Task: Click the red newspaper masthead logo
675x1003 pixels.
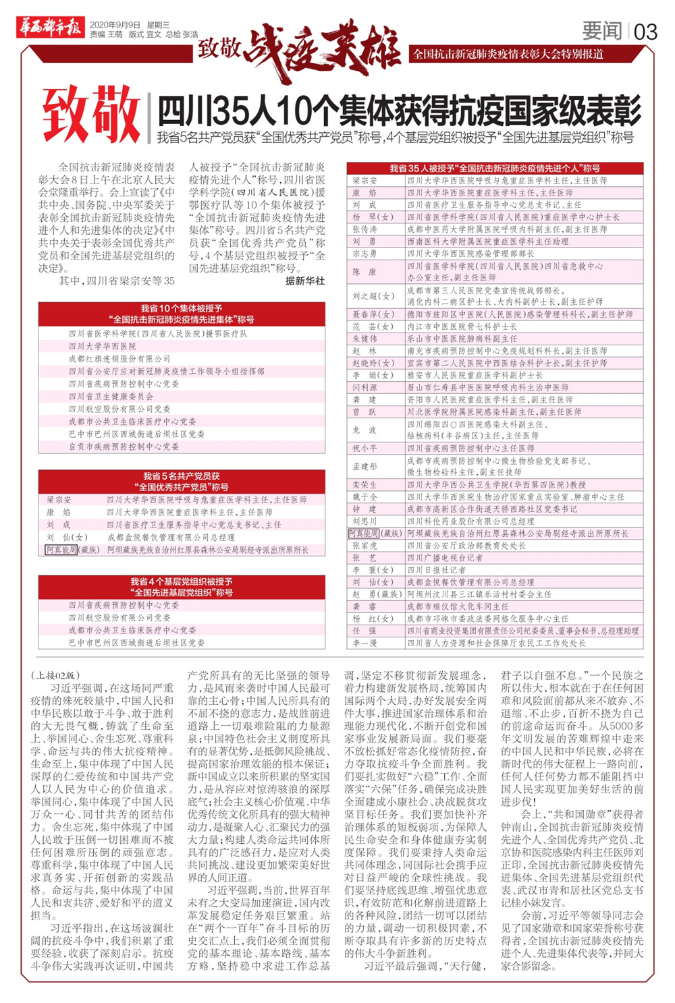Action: (x=49, y=28)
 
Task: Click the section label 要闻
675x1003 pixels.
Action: (x=602, y=31)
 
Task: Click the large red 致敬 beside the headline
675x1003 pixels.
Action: (x=91, y=116)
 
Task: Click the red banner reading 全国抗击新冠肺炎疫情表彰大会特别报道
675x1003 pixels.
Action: (x=508, y=54)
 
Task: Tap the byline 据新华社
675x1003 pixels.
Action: (x=305, y=281)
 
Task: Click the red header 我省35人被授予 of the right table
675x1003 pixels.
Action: (x=495, y=168)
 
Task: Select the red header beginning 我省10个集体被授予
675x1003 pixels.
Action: (x=182, y=314)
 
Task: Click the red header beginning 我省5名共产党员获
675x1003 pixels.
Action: (x=182, y=481)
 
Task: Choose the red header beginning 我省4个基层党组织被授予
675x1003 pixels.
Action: (x=182, y=586)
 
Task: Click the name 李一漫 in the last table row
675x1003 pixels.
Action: (x=364, y=643)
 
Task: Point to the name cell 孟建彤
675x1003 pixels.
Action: (x=364, y=466)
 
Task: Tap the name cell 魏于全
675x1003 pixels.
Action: (x=364, y=497)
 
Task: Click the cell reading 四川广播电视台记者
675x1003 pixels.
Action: (x=445, y=558)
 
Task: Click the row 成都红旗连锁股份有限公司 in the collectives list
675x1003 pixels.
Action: (x=119, y=359)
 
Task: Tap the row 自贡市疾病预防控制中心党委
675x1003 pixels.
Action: (x=124, y=447)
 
